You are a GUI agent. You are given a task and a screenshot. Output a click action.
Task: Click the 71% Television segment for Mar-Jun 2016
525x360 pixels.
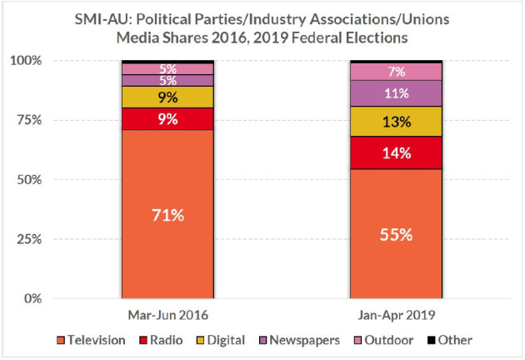(x=167, y=214)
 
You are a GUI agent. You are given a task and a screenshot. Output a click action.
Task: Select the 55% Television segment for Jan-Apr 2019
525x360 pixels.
(x=395, y=233)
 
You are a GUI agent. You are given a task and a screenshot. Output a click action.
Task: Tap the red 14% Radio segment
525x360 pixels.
(x=395, y=152)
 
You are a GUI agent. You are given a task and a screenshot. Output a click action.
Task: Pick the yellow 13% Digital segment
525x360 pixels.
(x=395, y=121)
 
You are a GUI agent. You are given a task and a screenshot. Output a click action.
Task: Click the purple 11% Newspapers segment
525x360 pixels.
(x=395, y=92)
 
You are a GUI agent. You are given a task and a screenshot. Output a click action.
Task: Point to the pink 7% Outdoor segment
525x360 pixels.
(x=395, y=72)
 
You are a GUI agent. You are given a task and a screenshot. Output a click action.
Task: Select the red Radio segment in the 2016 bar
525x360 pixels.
(x=167, y=118)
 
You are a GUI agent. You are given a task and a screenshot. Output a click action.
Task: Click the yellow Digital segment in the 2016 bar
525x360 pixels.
(x=167, y=97)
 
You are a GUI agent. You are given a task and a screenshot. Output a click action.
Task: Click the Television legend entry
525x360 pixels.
(x=92, y=340)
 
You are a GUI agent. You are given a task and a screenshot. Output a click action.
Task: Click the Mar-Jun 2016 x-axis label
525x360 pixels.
(x=167, y=316)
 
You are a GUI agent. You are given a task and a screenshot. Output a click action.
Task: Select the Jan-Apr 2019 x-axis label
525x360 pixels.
(x=395, y=316)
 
